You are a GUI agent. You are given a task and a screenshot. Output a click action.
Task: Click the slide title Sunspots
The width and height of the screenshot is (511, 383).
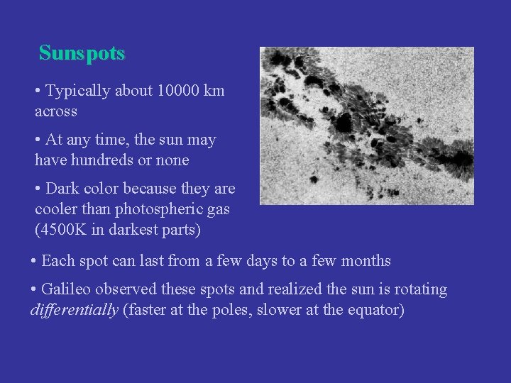82,53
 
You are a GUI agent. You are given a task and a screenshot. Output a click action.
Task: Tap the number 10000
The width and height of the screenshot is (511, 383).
177,91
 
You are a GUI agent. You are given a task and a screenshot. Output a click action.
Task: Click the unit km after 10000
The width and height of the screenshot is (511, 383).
214,91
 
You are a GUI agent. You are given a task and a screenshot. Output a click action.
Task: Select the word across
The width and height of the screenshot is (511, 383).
56,111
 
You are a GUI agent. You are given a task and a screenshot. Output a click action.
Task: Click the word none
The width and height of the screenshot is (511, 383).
173,160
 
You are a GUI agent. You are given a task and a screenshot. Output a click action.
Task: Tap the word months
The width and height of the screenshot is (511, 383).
366,261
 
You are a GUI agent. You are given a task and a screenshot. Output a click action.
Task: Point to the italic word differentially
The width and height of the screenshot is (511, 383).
75,310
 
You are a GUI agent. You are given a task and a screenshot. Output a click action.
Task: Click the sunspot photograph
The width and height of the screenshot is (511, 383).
366,126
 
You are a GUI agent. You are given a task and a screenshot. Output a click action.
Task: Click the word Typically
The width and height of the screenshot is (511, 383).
77,91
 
